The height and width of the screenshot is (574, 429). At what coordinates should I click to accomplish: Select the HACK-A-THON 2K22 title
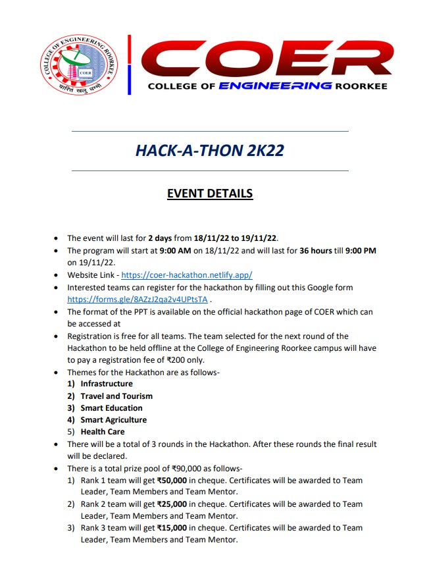click(x=209, y=150)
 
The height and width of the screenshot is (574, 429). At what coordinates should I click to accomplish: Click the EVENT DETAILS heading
click(x=210, y=194)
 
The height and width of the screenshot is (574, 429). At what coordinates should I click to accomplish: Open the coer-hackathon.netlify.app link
click(x=187, y=275)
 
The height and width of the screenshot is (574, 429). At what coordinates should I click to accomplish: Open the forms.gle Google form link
click(x=138, y=299)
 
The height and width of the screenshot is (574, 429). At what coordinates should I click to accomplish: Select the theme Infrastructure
click(x=107, y=384)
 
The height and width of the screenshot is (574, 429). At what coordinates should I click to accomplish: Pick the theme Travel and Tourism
click(x=116, y=396)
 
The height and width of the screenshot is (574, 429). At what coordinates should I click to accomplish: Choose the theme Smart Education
click(x=111, y=407)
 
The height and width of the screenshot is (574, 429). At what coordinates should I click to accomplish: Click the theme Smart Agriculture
click(x=114, y=419)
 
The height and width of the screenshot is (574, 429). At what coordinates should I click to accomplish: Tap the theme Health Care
click(x=103, y=432)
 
